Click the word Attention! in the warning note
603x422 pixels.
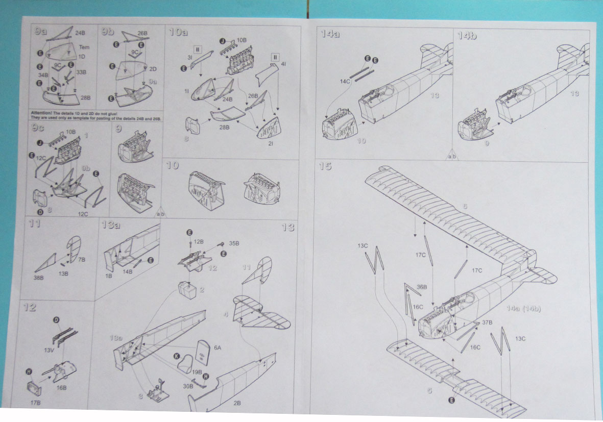point(42,112)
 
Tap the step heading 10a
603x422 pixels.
point(179,33)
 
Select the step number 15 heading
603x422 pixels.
point(325,166)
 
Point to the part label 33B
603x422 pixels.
point(81,72)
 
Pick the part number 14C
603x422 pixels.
point(345,82)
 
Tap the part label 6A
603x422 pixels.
point(218,347)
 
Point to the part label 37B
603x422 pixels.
point(487,322)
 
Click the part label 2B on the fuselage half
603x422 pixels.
point(237,403)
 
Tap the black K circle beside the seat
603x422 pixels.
point(177,355)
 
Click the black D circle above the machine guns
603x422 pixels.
point(56,320)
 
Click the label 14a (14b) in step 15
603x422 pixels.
point(524,309)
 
